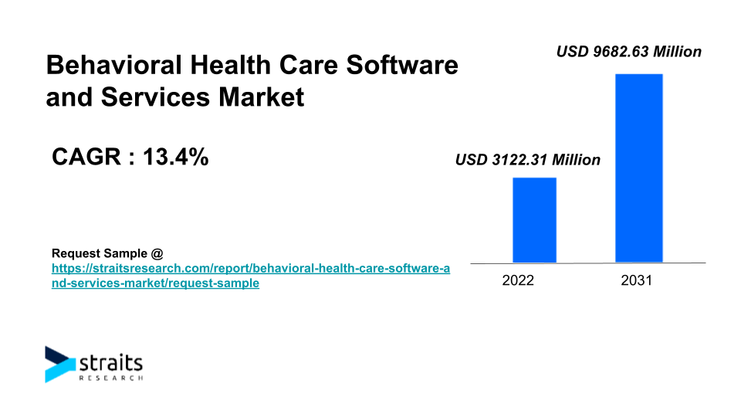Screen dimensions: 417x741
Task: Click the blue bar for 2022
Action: [x=534, y=220]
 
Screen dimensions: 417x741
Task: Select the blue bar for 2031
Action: [x=638, y=168]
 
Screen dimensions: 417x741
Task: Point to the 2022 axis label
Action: [x=518, y=280]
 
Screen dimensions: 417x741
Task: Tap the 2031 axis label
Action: [x=637, y=280]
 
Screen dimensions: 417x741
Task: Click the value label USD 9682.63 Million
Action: [x=629, y=52]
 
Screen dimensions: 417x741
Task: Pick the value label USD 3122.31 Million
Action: [x=527, y=161]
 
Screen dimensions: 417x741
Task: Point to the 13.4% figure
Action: [x=177, y=158]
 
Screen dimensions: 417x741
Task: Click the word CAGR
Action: [x=84, y=158]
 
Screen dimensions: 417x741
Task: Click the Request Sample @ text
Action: [x=107, y=253]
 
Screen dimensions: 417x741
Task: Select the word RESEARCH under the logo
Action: [x=111, y=378]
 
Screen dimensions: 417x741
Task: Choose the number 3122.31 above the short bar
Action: [x=517, y=161]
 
